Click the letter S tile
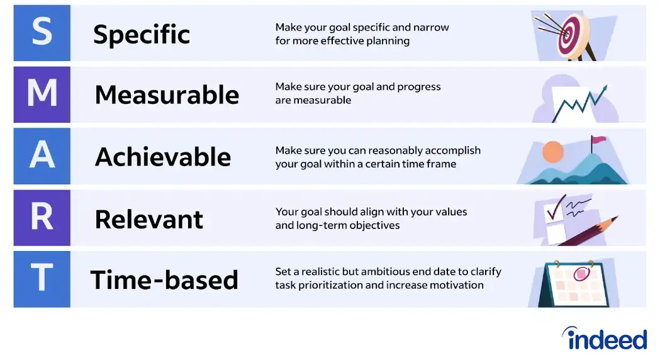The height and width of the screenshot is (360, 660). click(x=42, y=33)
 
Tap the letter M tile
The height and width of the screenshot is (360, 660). click(x=42, y=94)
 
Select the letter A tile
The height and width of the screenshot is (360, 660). click(x=42, y=156)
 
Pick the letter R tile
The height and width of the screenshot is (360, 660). click(x=42, y=218)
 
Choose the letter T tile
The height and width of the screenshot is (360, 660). click(x=42, y=279)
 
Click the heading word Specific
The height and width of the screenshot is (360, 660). click(x=142, y=34)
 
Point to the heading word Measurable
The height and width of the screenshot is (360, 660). click(x=167, y=95)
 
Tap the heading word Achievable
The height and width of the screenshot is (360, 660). click(x=163, y=157)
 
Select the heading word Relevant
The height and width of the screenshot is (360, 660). click(x=149, y=219)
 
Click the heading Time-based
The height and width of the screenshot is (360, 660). click(x=165, y=280)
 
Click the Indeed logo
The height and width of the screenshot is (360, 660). click(x=605, y=338)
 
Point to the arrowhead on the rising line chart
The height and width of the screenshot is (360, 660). click(x=604, y=88)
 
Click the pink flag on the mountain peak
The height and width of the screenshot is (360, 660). click(x=598, y=140)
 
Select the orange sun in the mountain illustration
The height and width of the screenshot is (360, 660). click(x=552, y=152)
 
